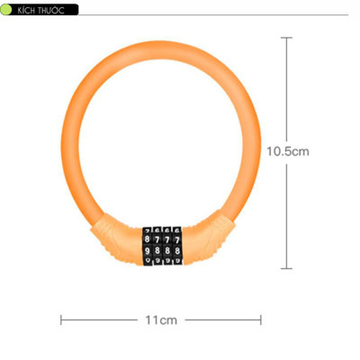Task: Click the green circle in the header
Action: click(x=7, y=8)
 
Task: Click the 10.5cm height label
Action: click(x=288, y=151)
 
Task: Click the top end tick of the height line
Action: click(x=287, y=37)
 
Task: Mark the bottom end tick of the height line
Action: click(x=287, y=268)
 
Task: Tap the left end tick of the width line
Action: click(x=60, y=319)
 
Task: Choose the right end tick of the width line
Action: click(x=260, y=319)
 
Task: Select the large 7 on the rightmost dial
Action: click(x=176, y=241)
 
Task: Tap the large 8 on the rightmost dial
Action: click(x=176, y=253)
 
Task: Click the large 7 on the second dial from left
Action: click(x=157, y=241)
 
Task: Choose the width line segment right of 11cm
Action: click(x=220, y=319)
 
